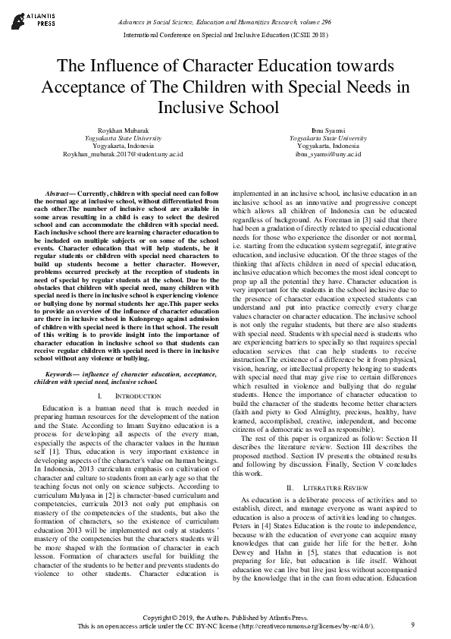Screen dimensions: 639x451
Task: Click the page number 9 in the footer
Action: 412,624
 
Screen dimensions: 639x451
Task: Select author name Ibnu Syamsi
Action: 332,130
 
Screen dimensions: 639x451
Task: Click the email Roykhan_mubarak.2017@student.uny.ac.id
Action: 112,154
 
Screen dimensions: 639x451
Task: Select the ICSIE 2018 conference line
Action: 225,35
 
